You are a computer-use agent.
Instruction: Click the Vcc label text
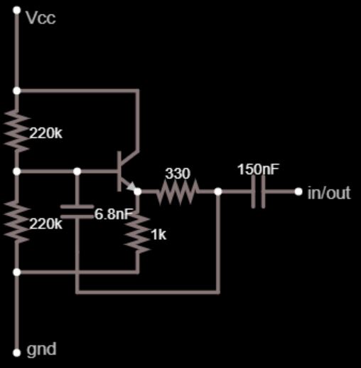(41, 18)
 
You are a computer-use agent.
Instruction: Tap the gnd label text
(41, 349)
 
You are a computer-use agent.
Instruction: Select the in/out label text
(329, 192)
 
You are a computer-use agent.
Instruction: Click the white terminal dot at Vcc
(17, 10)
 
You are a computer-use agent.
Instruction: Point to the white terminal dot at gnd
(17, 353)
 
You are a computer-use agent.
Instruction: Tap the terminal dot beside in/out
(298, 191)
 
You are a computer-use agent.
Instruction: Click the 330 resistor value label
(178, 174)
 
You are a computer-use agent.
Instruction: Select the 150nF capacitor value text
(259, 169)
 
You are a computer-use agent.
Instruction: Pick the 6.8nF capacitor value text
(113, 214)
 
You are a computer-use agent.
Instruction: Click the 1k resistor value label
(158, 235)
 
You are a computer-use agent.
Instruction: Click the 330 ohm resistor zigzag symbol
(178, 191)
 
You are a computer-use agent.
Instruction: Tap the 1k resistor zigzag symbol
(138, 233)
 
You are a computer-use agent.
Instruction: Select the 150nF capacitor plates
(258, 191)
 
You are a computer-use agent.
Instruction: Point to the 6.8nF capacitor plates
(77, 211)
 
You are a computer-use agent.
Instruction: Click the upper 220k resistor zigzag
(17, 130)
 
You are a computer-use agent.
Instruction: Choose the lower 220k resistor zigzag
(17, 221)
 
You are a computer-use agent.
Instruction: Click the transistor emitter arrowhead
(131, 186)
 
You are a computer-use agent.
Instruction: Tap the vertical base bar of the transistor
(119, 172)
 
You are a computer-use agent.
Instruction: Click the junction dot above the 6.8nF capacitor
(77, 172)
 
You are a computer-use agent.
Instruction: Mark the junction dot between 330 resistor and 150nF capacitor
(218, 191)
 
